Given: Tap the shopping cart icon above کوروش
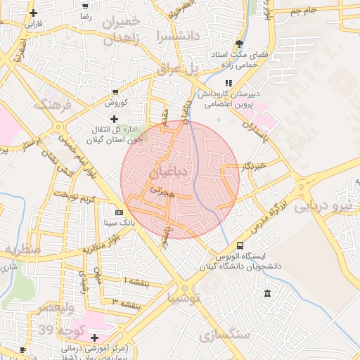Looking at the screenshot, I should pos(115,92).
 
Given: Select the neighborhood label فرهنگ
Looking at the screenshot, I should pos(53,105).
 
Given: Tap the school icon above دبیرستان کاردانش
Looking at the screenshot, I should pos(229,83).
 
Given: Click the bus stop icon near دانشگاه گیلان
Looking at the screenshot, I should pos(240,246).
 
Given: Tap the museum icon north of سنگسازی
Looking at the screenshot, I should pos(266,292).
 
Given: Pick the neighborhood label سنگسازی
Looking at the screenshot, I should pos(224,335).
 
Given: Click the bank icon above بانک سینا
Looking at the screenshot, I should pos(119,212).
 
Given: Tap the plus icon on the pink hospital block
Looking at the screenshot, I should pos(94,337).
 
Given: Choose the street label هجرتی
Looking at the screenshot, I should pos(162,192).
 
